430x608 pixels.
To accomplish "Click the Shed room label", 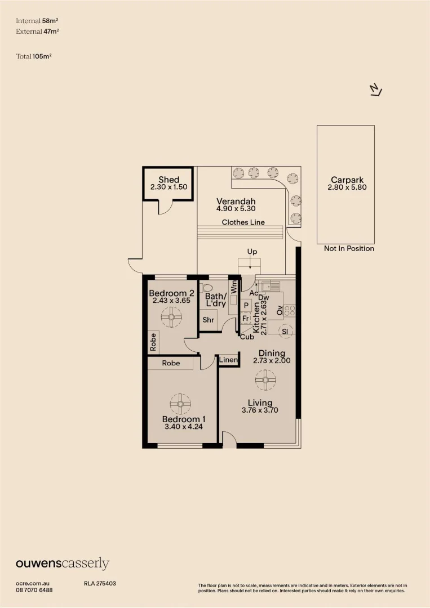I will point(169,180).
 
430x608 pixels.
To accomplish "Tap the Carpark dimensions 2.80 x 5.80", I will point(347,187).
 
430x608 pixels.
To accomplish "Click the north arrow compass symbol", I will point(376,90).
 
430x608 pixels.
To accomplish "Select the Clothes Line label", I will point(243,222).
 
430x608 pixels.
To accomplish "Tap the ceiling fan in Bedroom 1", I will point(180,403).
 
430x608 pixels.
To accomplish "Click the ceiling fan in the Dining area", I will point(265,380).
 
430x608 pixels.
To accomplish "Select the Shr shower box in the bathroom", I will point(208,319).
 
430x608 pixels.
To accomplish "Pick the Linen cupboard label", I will point(229,360).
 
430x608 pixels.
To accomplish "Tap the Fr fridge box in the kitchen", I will point(246,318).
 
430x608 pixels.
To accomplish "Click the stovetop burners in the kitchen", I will point(290,310).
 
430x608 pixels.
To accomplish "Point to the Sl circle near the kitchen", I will point(285,332).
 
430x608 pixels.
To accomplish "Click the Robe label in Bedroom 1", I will point(171,363).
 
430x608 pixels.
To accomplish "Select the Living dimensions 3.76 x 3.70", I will point(259,410).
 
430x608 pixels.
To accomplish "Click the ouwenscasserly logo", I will point(62,564).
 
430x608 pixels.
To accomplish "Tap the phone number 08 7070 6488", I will point(34,589).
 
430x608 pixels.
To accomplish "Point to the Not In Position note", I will point(349,248).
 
